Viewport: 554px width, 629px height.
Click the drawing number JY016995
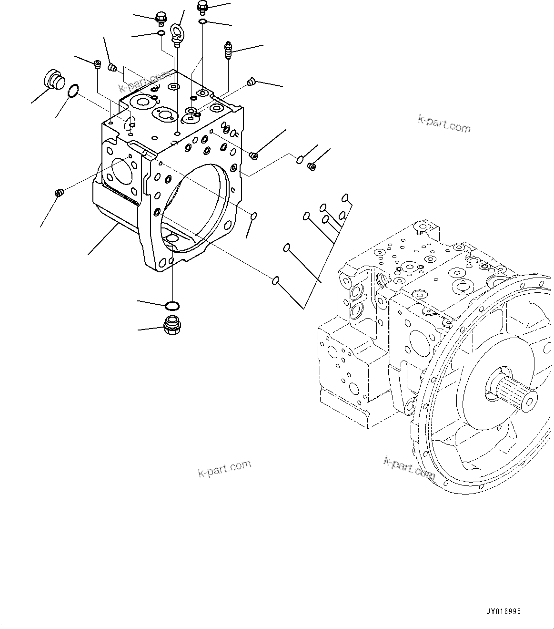[x=504, y=610]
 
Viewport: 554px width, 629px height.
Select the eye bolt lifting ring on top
[x=177, y=34]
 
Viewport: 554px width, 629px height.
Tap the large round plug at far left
[x=53, y=79]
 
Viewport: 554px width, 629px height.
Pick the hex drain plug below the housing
[x=171, y=325]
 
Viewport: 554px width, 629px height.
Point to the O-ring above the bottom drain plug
[x=172, y=305]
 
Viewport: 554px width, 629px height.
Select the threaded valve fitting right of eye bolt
[x=228, y=50]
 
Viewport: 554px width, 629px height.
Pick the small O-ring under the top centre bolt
[x=202, y=21]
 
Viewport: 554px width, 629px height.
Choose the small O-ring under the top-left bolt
[x=161, y=33]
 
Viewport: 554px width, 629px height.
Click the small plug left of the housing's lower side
[x=59, y=193]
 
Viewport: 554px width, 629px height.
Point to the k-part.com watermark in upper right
[x=443, y=124]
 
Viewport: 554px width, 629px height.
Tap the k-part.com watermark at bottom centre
[x=224, y=468]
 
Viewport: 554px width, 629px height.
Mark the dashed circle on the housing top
[x=130, y=124]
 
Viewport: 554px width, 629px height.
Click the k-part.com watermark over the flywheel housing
[x=409, y=467]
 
